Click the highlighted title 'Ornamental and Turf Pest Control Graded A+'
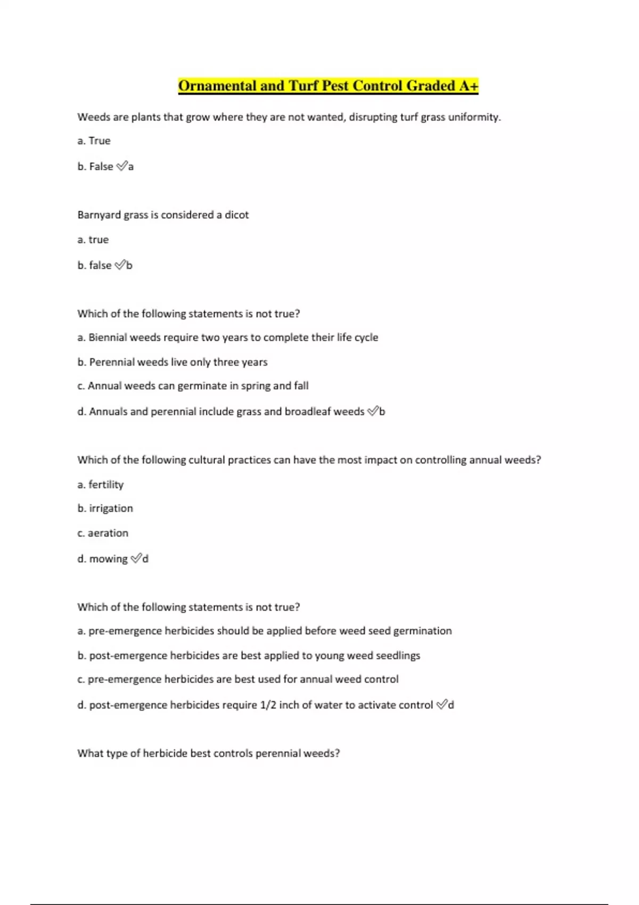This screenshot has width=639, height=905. (328, 86)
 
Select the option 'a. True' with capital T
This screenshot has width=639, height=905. (94, 141)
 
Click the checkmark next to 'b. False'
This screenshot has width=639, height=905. (121, 166)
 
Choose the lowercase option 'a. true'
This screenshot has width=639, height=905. (93, 240)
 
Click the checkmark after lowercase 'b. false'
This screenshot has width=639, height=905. (120, 265)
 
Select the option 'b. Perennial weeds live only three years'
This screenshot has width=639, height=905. (173, 362)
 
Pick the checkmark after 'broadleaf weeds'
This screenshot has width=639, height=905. (373, 411)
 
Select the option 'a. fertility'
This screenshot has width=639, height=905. (101, 484)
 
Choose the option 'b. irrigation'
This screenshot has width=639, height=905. (105, 508)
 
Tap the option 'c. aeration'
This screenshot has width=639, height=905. (103, 533)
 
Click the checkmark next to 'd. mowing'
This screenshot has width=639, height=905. (136, 558)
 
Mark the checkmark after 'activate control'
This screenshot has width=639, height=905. (441, 704)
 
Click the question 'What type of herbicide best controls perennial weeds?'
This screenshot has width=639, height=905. (209, 753)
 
